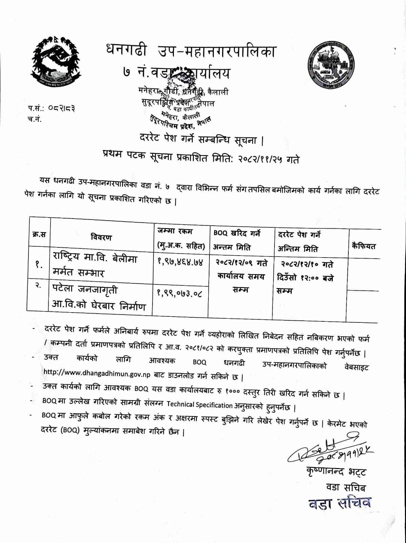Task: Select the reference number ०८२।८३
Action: tap(61, 109)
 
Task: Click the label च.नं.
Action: tap(35, 119)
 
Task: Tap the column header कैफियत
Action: tap(364, 246)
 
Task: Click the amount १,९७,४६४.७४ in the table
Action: tap(180, 262)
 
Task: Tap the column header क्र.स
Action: tap(39, 234)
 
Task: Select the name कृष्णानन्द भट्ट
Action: tap(336, 472)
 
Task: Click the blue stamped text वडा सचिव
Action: tap(339, 503)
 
